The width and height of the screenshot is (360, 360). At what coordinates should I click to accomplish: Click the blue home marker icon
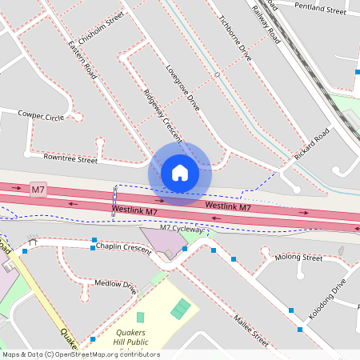pyautogui.click(x=179, y=173)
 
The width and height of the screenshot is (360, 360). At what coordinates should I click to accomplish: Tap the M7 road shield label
pyautogui.click(x=38, y=189)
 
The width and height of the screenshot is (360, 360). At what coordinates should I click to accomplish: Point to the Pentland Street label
pyautogui.click(x=320, y=8)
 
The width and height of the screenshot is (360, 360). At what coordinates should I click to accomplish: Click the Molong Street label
pyautogui.click(x=298, y=258)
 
